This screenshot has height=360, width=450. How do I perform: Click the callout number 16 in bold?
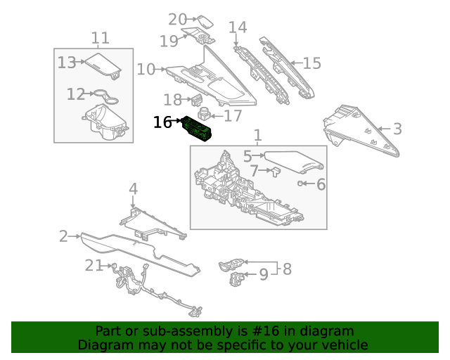162,122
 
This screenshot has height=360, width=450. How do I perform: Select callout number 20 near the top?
177,20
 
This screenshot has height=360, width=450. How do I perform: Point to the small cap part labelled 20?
205,20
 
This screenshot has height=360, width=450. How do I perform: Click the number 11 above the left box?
101,38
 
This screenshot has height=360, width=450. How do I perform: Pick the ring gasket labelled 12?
103,94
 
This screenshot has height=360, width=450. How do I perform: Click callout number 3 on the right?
397,129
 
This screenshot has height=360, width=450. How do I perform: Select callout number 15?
311,63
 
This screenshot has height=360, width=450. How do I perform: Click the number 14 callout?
238,27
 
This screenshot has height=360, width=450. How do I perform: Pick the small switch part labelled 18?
197,101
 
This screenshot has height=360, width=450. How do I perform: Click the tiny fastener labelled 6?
301,184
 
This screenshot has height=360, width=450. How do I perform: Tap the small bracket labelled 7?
275,170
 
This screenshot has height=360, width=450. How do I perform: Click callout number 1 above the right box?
257,134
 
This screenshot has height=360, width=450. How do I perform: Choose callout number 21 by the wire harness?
94,265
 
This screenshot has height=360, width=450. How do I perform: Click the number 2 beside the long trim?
63,236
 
